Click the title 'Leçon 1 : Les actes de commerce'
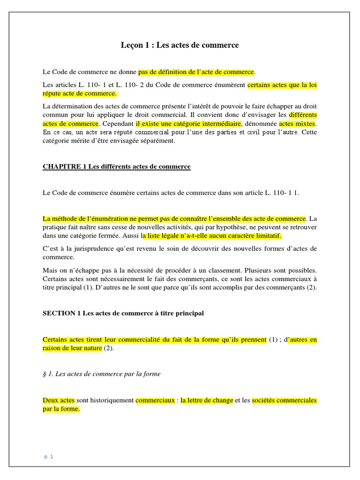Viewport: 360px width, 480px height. click(x=180, y=45)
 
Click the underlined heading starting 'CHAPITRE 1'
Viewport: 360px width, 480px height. click(x=117, y=166)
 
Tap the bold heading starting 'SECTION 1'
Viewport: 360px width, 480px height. click(x=123, y=313)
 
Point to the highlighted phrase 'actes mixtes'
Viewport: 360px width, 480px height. click(x=298, y=124)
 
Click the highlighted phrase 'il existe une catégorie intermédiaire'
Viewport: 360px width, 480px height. click(x=188, y=124)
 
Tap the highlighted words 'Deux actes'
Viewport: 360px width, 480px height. click(x=58, y=400)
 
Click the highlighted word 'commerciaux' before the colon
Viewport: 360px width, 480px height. click(x=154, y=400)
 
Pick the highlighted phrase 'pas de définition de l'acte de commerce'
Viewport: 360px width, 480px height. click(x=196, y=72)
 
